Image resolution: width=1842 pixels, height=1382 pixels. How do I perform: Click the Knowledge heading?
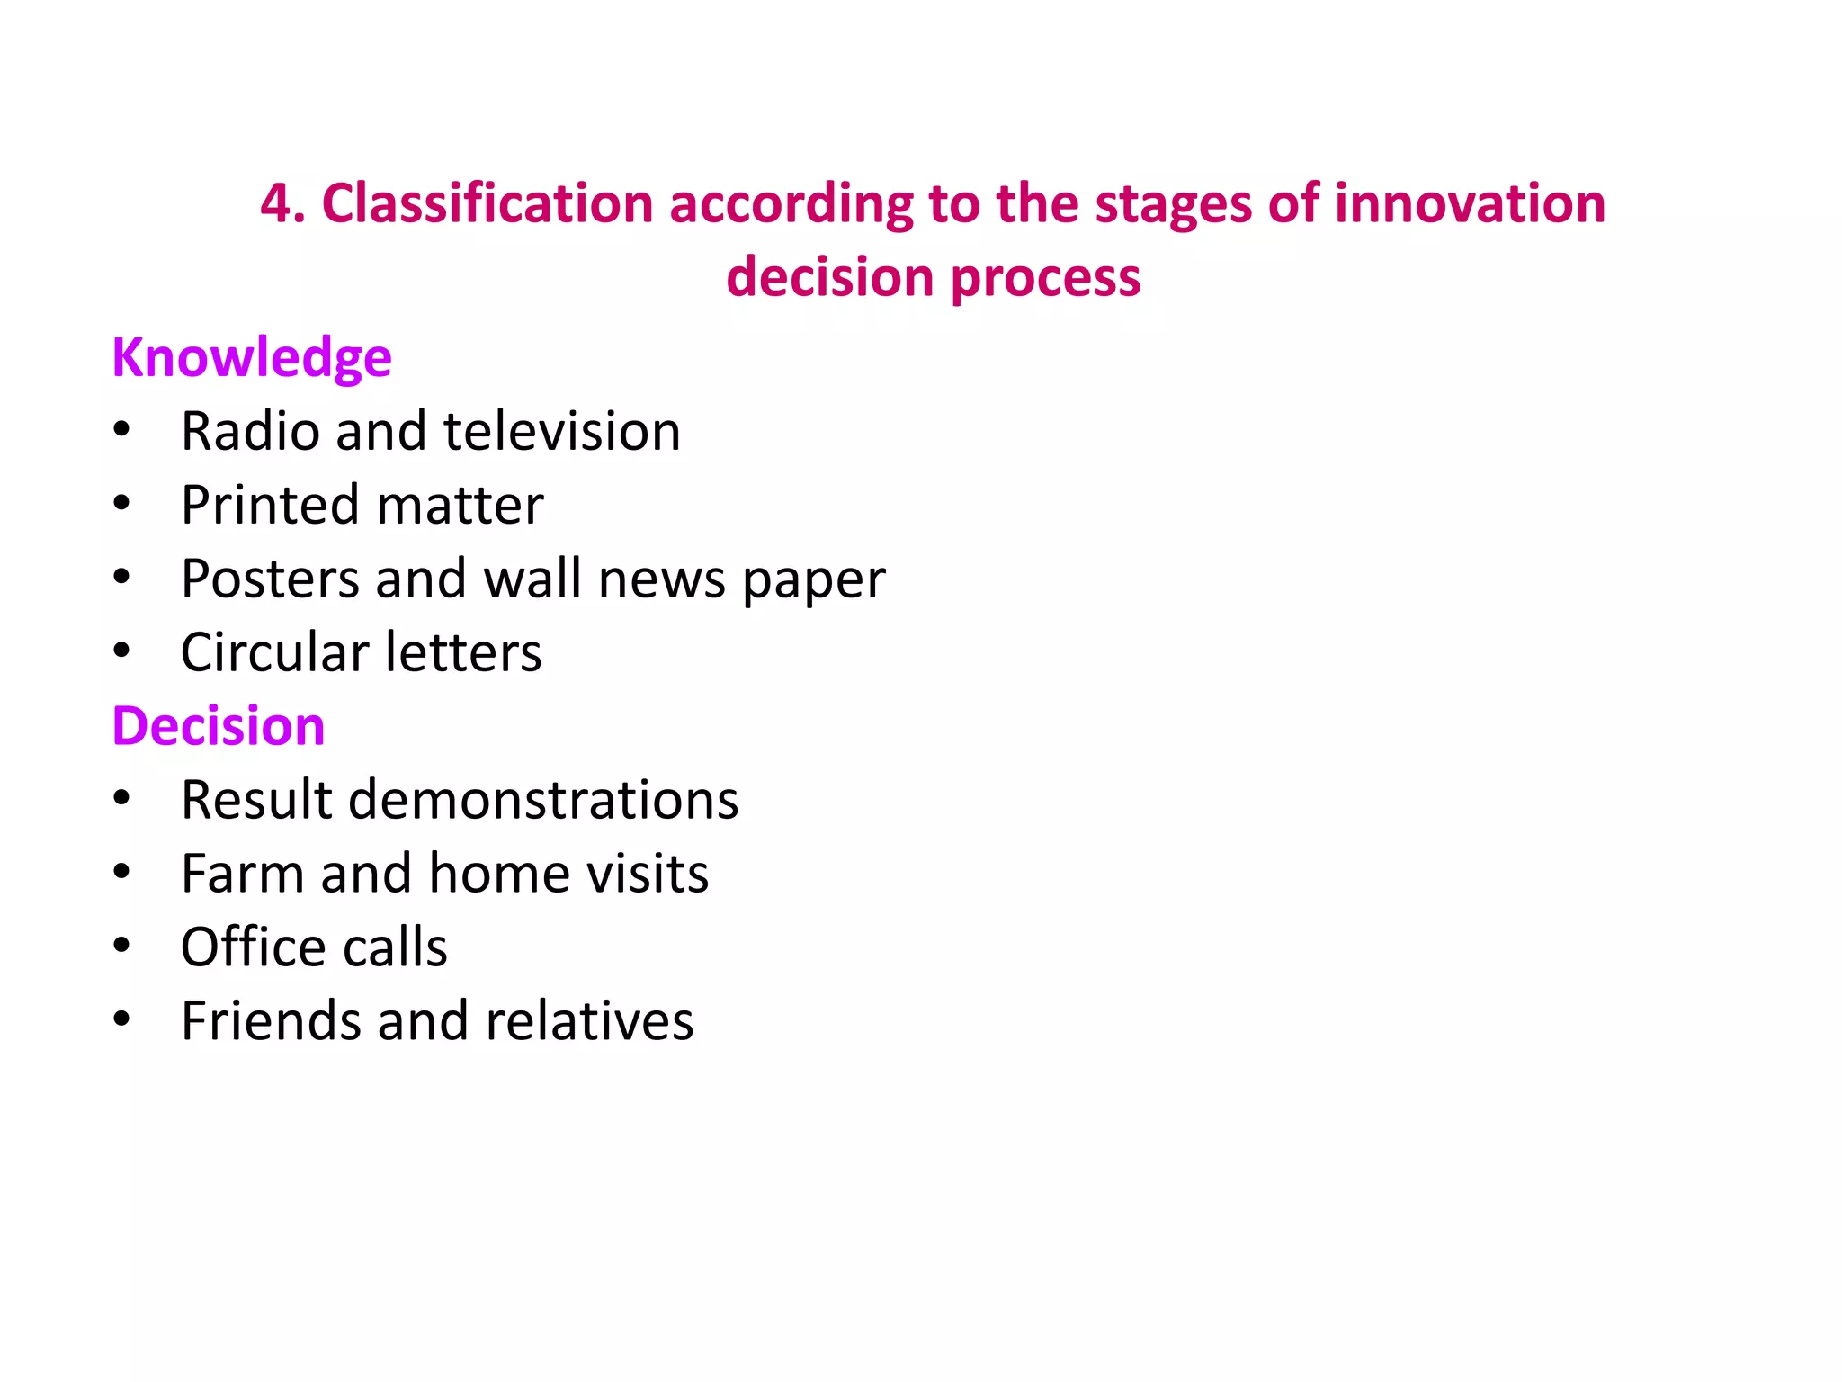point(252,358)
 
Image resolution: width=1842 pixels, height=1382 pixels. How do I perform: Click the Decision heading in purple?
point(219,726)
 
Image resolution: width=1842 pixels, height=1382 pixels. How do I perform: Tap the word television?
point(562,431)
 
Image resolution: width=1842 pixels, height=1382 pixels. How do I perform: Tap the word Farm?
point(242,874)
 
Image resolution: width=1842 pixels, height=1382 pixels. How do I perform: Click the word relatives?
point(589,1021)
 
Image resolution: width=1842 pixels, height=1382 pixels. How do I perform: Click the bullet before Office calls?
point(122,946)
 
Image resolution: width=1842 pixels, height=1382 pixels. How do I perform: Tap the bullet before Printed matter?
point(122,503)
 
